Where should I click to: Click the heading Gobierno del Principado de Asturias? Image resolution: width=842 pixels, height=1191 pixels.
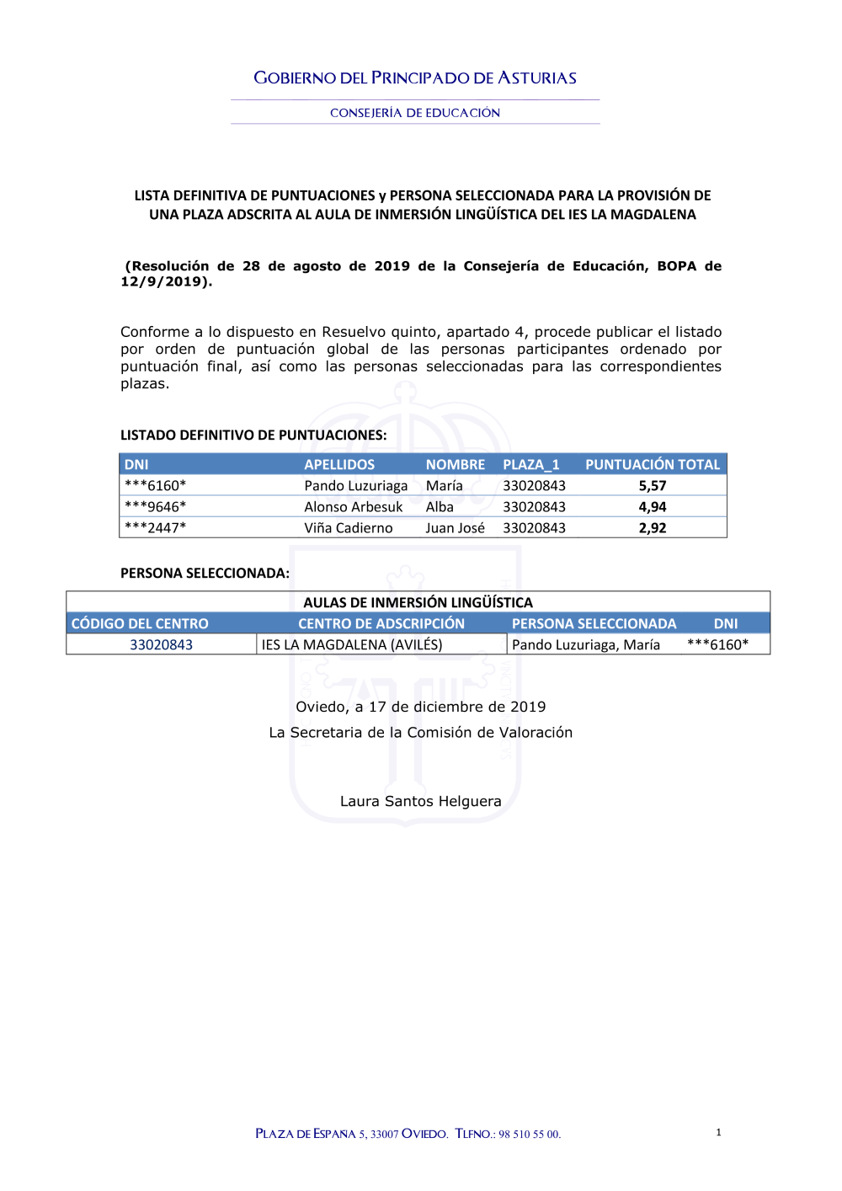415,78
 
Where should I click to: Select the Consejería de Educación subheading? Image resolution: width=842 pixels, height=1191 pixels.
415,113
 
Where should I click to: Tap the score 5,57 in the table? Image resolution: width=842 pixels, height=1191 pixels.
652,486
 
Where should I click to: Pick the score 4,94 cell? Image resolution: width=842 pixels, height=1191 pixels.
652,507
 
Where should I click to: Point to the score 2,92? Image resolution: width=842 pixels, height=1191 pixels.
652,528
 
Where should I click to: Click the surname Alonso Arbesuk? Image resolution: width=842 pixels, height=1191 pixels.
353,507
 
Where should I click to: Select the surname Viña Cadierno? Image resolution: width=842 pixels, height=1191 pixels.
348,528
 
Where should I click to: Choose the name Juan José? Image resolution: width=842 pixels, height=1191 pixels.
455,528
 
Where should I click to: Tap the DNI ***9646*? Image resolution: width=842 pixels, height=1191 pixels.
155,507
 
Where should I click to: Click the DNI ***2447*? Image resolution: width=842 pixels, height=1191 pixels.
155,528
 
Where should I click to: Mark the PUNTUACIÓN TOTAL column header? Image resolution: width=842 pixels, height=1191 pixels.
653,465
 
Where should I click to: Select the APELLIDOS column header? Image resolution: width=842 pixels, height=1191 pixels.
339,465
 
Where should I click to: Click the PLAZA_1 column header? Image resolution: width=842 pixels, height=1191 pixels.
530,465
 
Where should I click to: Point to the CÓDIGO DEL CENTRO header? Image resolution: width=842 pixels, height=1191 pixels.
140,624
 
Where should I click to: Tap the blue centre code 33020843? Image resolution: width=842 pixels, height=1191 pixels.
161,645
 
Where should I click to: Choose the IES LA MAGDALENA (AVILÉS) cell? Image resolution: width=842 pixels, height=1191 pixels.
352,645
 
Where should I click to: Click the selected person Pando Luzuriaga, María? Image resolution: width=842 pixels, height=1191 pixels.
586,645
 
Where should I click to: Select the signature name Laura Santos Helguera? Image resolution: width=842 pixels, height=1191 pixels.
420,801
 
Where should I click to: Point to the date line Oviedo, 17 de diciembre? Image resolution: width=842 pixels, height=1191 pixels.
420,707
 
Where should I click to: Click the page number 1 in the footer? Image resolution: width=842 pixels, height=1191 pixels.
718,1132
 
